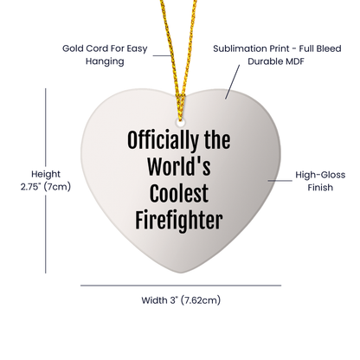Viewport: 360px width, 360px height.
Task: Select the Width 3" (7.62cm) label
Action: click(x=180, y=301)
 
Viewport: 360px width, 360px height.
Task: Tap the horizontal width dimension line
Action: click(x=180, y=283)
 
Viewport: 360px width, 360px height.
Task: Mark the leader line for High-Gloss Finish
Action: click(x=280, y=179)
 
